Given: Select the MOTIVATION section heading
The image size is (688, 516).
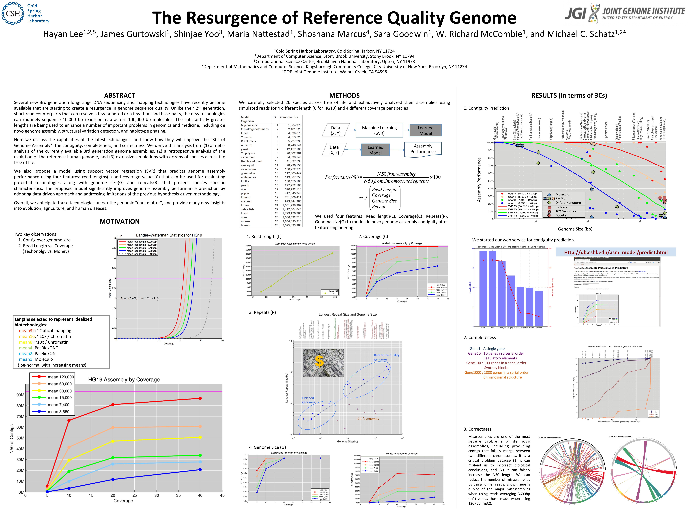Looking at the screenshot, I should coord(119,221).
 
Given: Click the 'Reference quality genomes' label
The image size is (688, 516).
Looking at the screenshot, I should coord(386,357).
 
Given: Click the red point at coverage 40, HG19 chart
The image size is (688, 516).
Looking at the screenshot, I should coord(200,398).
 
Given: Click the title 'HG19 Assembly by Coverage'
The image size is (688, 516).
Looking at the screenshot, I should coord(124,379).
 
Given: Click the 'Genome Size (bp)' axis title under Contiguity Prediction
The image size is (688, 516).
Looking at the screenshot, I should coord(575,229).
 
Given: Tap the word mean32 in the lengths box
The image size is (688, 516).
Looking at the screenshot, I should coord(27,331).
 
